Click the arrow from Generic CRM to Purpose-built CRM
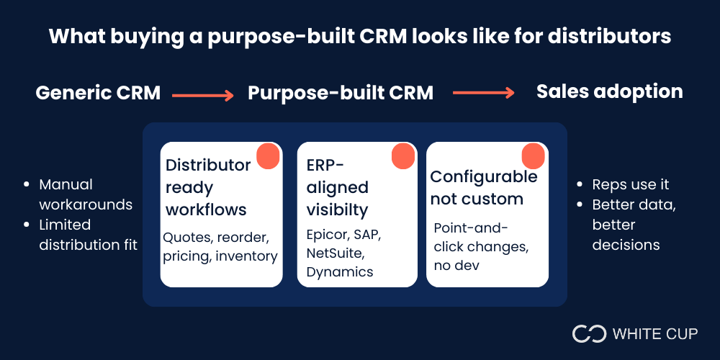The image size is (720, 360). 203,94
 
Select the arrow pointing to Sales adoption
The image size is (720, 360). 483,92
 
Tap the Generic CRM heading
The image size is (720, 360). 98,93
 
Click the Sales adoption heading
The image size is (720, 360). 609,91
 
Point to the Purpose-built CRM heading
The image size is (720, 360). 341,93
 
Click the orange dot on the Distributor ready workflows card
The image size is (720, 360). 268,156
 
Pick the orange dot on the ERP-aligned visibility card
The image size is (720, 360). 402,156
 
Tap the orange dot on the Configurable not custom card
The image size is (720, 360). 533,156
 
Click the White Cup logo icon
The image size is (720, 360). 589,333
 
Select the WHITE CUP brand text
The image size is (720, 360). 655,334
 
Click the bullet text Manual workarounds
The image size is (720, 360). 85,194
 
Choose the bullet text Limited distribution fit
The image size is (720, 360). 88,235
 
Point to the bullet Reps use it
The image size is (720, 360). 630,185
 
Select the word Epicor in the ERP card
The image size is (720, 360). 328,235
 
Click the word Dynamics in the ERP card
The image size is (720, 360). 340,272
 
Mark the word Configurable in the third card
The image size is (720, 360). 483,177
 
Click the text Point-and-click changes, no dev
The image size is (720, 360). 480,247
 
